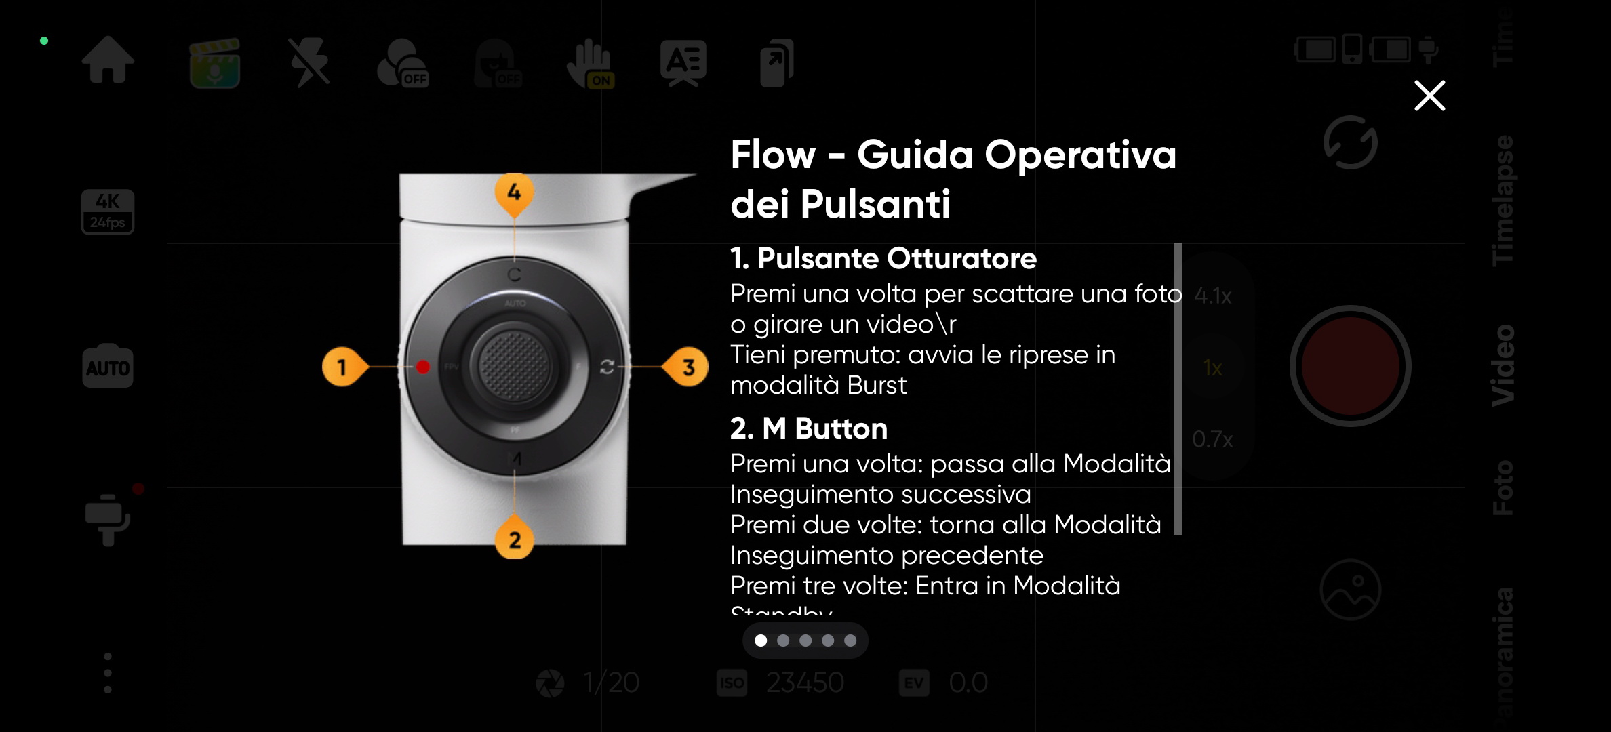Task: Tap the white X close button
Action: point(1429,96)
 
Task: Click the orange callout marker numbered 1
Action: point(342,367)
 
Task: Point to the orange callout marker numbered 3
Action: point(688,367)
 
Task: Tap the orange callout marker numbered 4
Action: point(514,192)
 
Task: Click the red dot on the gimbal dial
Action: point(423,367)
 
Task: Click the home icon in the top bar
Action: point(108,60)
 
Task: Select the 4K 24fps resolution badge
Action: point(108,211)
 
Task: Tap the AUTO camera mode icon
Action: point(108,367)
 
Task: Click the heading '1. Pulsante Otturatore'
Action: point(883,258)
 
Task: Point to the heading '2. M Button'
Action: point(808,428)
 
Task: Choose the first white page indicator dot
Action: point(761,640)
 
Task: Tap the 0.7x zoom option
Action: point(1212,439)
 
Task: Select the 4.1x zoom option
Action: point(1212,296)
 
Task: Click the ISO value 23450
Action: point(804,683)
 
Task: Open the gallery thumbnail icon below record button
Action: point(1350,589)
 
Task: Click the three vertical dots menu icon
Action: point(108,673)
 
